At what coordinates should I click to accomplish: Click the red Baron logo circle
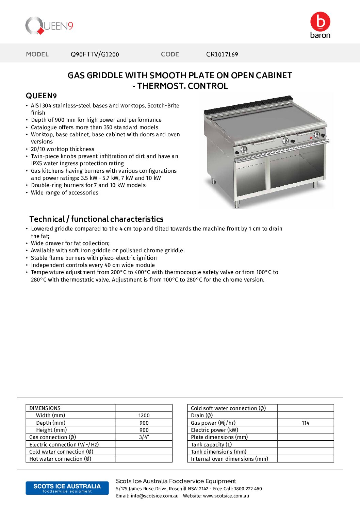point(320,21)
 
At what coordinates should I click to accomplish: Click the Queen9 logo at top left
point(49,26)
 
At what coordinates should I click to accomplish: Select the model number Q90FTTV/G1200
point(95,54)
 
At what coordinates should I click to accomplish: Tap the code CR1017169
point(222,54)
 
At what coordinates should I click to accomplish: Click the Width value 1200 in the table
point(144,415)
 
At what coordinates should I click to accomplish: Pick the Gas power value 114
point(305,423)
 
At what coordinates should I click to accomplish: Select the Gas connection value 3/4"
point(144,437)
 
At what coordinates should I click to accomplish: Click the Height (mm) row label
point(51,430)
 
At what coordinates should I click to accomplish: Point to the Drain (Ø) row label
point(202,415)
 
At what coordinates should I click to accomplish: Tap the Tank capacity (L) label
point(211,445)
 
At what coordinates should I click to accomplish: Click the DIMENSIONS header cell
point(45,408)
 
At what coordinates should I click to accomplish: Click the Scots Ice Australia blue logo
point(67,488)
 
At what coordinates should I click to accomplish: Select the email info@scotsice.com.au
point(154,496)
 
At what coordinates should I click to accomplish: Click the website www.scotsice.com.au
point(226,496)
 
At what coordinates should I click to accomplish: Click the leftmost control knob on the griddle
point(244,149)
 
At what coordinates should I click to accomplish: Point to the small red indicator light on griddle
point(311,138)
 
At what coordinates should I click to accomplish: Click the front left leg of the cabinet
point(237,204)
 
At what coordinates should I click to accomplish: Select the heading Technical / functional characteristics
point(96,219)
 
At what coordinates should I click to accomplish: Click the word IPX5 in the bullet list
point(36,164)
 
